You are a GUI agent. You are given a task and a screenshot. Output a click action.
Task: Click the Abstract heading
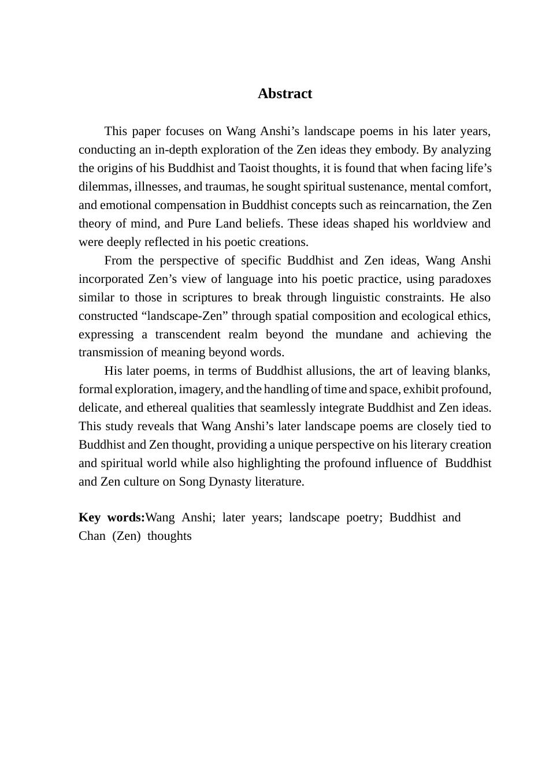click(x=284, y=94)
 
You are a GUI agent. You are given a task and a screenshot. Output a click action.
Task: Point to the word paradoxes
click(x=465, y=279)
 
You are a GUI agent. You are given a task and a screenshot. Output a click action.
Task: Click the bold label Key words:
click(x=112, y=517)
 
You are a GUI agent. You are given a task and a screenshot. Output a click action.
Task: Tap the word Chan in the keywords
click(x=92, y=536)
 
